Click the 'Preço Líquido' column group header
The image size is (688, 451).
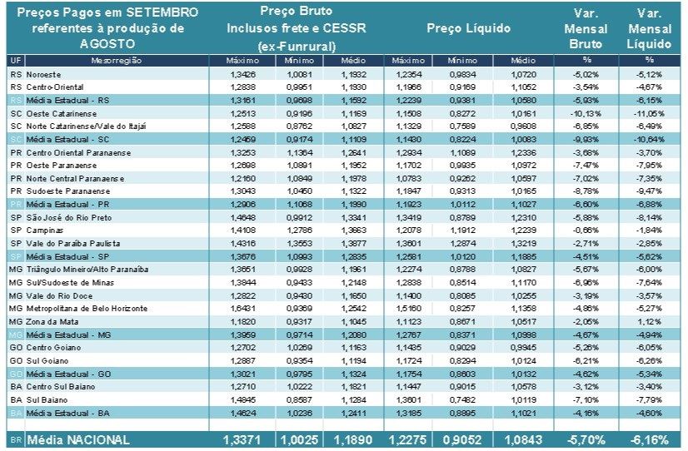click(469, 28)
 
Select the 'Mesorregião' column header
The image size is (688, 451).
click(117, 61)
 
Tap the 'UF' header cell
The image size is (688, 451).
click(15, 61)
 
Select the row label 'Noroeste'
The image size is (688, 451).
click(44, 74)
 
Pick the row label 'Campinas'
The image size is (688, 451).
click(45, 230)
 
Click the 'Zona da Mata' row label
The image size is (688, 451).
click(51, 321)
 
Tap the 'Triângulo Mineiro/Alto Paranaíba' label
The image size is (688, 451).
click(87, 269)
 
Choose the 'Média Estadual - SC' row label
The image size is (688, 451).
click(67, 139)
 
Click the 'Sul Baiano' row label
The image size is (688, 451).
click(47, 399)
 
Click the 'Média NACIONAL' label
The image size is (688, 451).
click(77, 439)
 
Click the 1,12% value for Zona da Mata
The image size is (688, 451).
click(653, 321)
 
